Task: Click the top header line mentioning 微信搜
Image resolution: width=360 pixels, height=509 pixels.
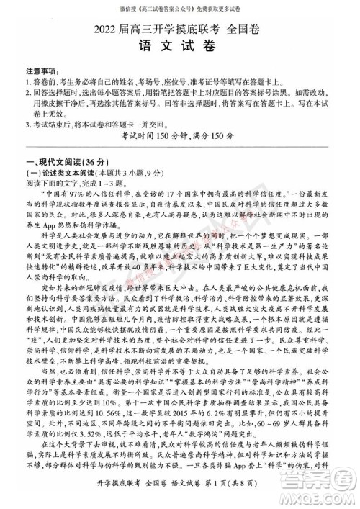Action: tap(179, 9)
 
